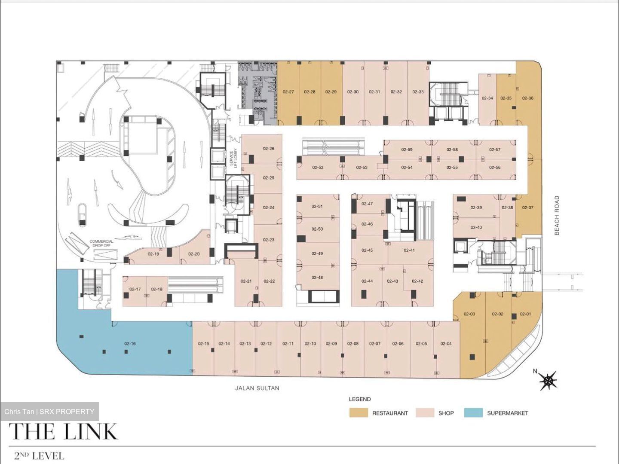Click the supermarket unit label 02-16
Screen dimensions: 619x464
click(x=130, y=344)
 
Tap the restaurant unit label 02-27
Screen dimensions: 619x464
click(x=288, y=92)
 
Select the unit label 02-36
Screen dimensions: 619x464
click(x=527, y=98)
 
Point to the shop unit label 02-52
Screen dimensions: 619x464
click(x=318, y=168)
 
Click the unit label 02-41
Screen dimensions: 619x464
click(x=409, y=250)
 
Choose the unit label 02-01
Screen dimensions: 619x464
click(x=525, y=314)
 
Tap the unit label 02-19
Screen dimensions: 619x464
click(x=153, y=254)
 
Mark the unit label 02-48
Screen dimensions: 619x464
click(x=317, y=278)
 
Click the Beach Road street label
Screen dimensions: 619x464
click(x=557, y=216)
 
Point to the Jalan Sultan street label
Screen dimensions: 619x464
click(x=257, y=388)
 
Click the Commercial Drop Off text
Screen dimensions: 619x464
click(x=101, y=244)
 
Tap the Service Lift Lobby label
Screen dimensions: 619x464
click(x=233, y=159)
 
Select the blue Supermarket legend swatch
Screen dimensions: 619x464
click(x=473, y=413)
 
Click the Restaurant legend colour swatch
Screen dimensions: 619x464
click(x=359, y=413)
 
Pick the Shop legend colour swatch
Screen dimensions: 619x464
click(x=425, y=413)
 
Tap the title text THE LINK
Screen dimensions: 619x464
click(x=64, y=432)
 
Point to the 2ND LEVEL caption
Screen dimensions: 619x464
click(x=39, y=455)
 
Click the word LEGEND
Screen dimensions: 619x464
click(x=360, y=399)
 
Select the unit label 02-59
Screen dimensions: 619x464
click(x=407, y=150)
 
